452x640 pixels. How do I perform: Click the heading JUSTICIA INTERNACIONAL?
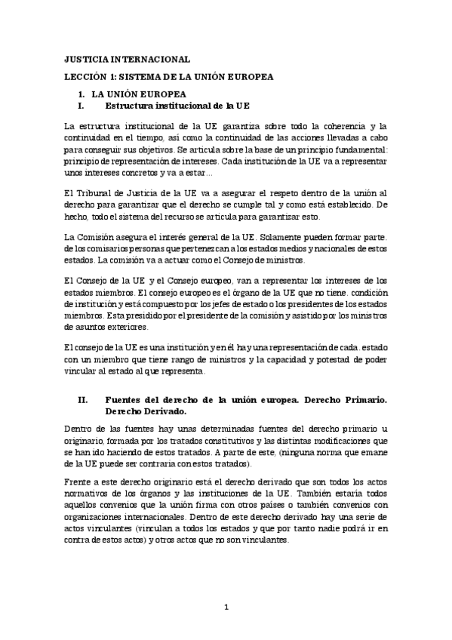point(127,59)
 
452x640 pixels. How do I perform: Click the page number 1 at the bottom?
point(226,608)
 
